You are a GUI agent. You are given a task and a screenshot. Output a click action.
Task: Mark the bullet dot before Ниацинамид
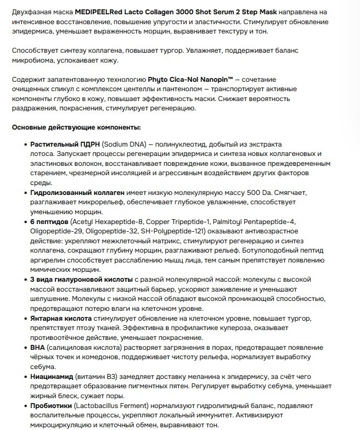tap(25, 377)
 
